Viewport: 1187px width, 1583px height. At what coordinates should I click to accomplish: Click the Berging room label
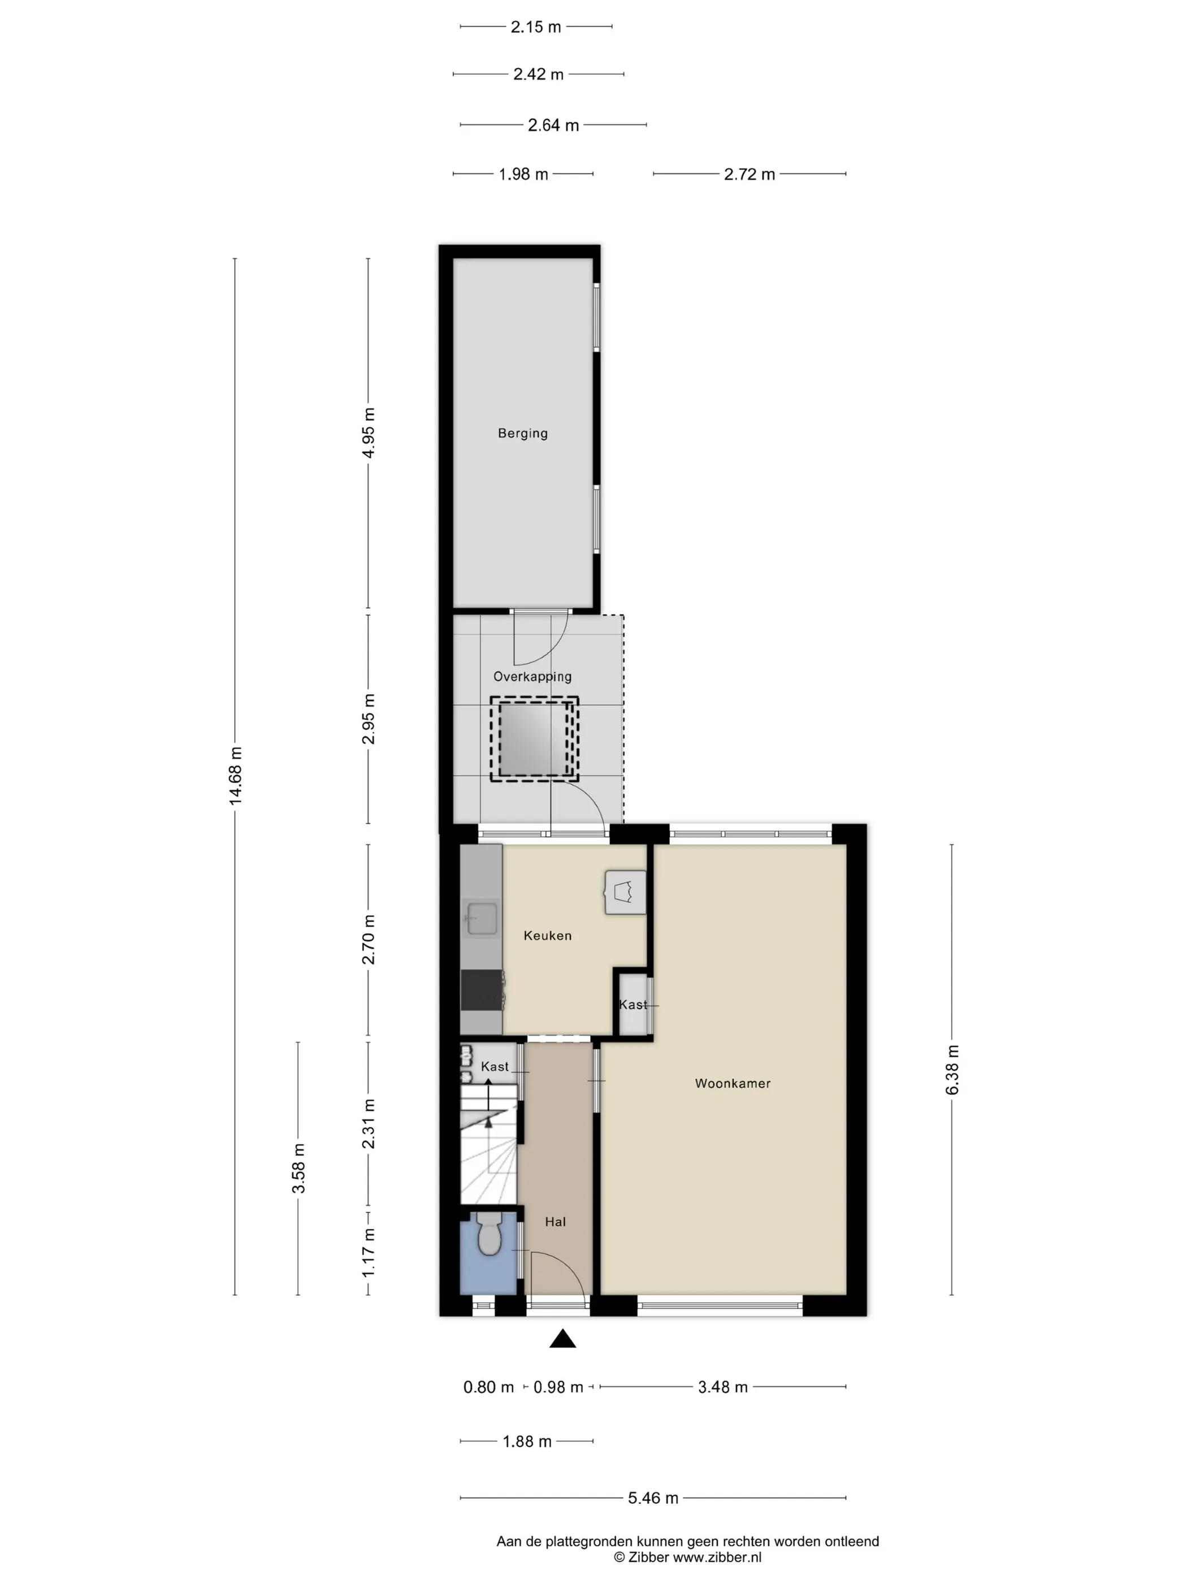(x=522, y=433)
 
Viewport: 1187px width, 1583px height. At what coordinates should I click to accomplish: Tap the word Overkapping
(x=532, y=676)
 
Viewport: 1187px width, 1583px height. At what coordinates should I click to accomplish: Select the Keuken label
(x=547, y=935)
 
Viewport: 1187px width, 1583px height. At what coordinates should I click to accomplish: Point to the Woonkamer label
(x=733, y=1083)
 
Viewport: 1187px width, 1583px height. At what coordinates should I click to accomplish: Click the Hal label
(x=555, y=1222)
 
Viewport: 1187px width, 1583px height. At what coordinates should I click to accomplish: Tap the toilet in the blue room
(x=489, y=1232)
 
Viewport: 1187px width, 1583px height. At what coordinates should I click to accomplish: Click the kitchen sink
(x=482, y=919)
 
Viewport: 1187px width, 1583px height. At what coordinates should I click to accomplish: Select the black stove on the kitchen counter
(x=482, y=990)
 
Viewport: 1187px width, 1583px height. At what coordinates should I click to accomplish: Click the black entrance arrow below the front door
(x=562, y=1338)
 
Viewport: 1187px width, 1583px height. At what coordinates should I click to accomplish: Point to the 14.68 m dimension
(x=235, y=776)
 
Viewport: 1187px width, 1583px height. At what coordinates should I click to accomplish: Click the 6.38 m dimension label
(x=952, y=1069)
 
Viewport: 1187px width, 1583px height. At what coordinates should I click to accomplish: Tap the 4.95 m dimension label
(x=369, y=433)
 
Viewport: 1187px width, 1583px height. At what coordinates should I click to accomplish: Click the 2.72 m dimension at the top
(x=749, y=175)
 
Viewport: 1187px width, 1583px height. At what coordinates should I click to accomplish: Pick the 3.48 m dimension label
(x=722, y=1387)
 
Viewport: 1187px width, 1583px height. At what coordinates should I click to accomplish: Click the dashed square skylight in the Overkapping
(x=534, y=739)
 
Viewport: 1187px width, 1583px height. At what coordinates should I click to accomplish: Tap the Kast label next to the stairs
(x=495, y=1066)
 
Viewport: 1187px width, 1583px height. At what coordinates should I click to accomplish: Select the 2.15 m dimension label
(x=535, y=27)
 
